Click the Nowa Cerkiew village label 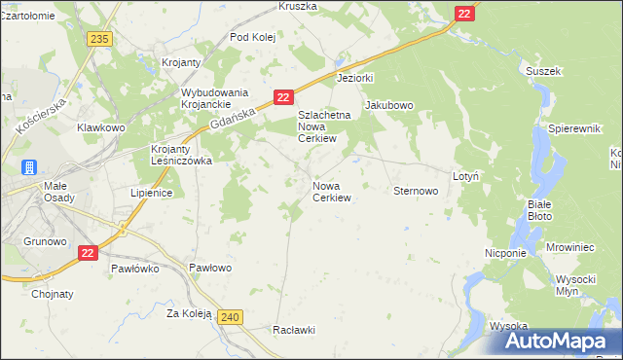pos(331,191)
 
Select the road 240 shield pos(230,317)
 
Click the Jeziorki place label pos(355,77)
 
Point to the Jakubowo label pos(389,105)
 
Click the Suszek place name pos(543,71)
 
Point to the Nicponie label pos(505,253)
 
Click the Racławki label pos(295,330)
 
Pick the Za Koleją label pos(189,313)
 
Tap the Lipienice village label pos(151,193)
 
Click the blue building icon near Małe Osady pos(30,167)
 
